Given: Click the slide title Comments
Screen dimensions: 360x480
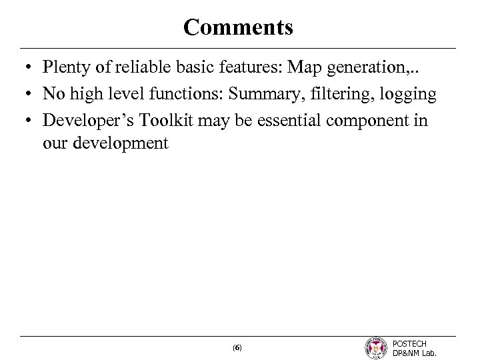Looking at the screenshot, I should point(238,27).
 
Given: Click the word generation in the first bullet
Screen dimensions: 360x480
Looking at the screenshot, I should point(366,69).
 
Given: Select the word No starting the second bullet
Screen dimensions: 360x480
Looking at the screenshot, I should point(52,94).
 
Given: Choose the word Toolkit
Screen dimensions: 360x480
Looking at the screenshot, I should point(163,121).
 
